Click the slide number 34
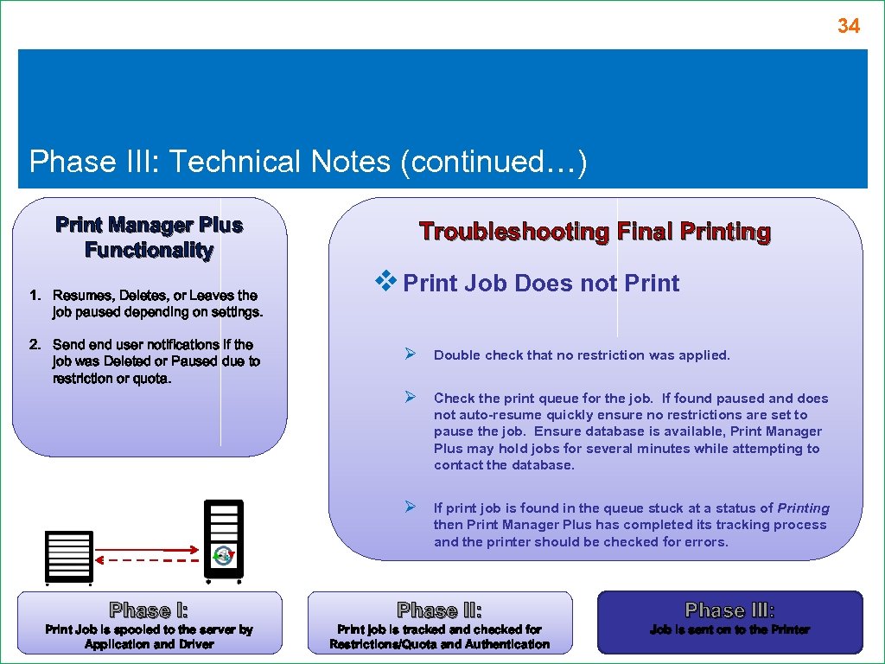[848, 27]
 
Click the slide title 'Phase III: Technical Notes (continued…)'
[308, 162]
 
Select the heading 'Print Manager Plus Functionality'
[149, 238]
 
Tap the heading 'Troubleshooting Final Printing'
[595, 232]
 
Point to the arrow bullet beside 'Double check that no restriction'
[412, 353]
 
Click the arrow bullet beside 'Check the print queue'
[412, 397]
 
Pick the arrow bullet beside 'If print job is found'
[412, 506]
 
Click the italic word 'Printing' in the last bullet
[803, 508]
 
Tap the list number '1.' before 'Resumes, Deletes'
[35, 296]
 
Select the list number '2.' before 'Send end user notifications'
[35, 345]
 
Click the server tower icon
[224, 539]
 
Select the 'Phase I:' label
[149, 610]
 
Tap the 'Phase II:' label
[439, 610]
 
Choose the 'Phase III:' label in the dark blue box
[729, 610]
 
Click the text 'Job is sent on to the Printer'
[729, 630]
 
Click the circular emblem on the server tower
[224, 555]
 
